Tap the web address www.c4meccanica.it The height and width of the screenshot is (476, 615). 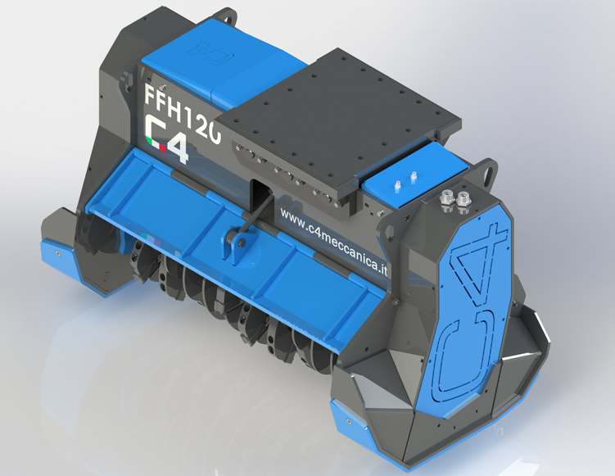tap(334, 243)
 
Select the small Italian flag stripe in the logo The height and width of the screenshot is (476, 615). tap(156, 143)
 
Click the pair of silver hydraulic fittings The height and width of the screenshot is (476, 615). tap(455, 202)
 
